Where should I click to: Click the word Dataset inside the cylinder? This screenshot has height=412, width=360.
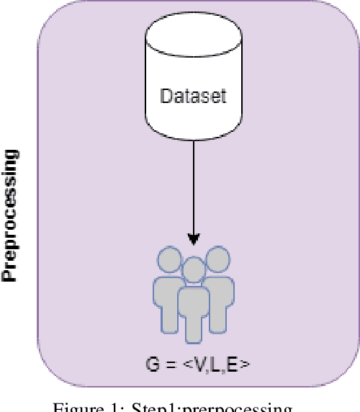tap(192, 96)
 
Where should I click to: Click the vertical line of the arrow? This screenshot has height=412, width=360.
tap(193, 187)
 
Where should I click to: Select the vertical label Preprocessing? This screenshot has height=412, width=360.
tap(11, 216)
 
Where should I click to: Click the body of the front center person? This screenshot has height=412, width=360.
tap(193, 310)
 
